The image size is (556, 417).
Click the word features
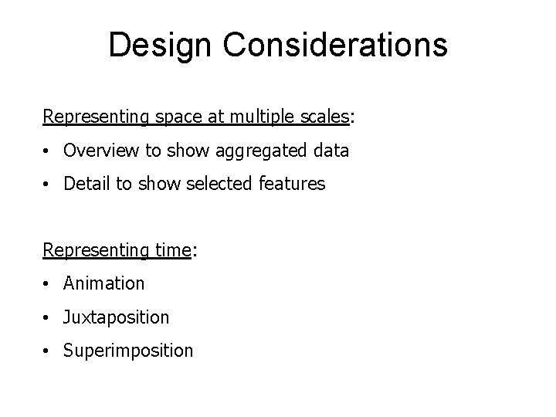pyautogui.click(x=297, y=184)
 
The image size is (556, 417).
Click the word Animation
pyautogui.click(x=103, y=283)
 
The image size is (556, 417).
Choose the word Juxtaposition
pyautogui.click(x=117, y=317)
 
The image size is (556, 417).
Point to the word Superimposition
pyautogui.click(x=128, y=351)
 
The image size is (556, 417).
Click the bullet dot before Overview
pyautogui.click(x=48, y=151)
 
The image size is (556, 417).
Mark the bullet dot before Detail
pyautogui.click(x=48, y=185)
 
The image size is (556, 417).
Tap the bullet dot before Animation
pyautogui.click(x=48, y=284)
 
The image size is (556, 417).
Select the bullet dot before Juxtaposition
pyautogui.click(x=48, y=317)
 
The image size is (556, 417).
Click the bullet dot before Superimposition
pyautogui.click(x=48, y=351)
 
